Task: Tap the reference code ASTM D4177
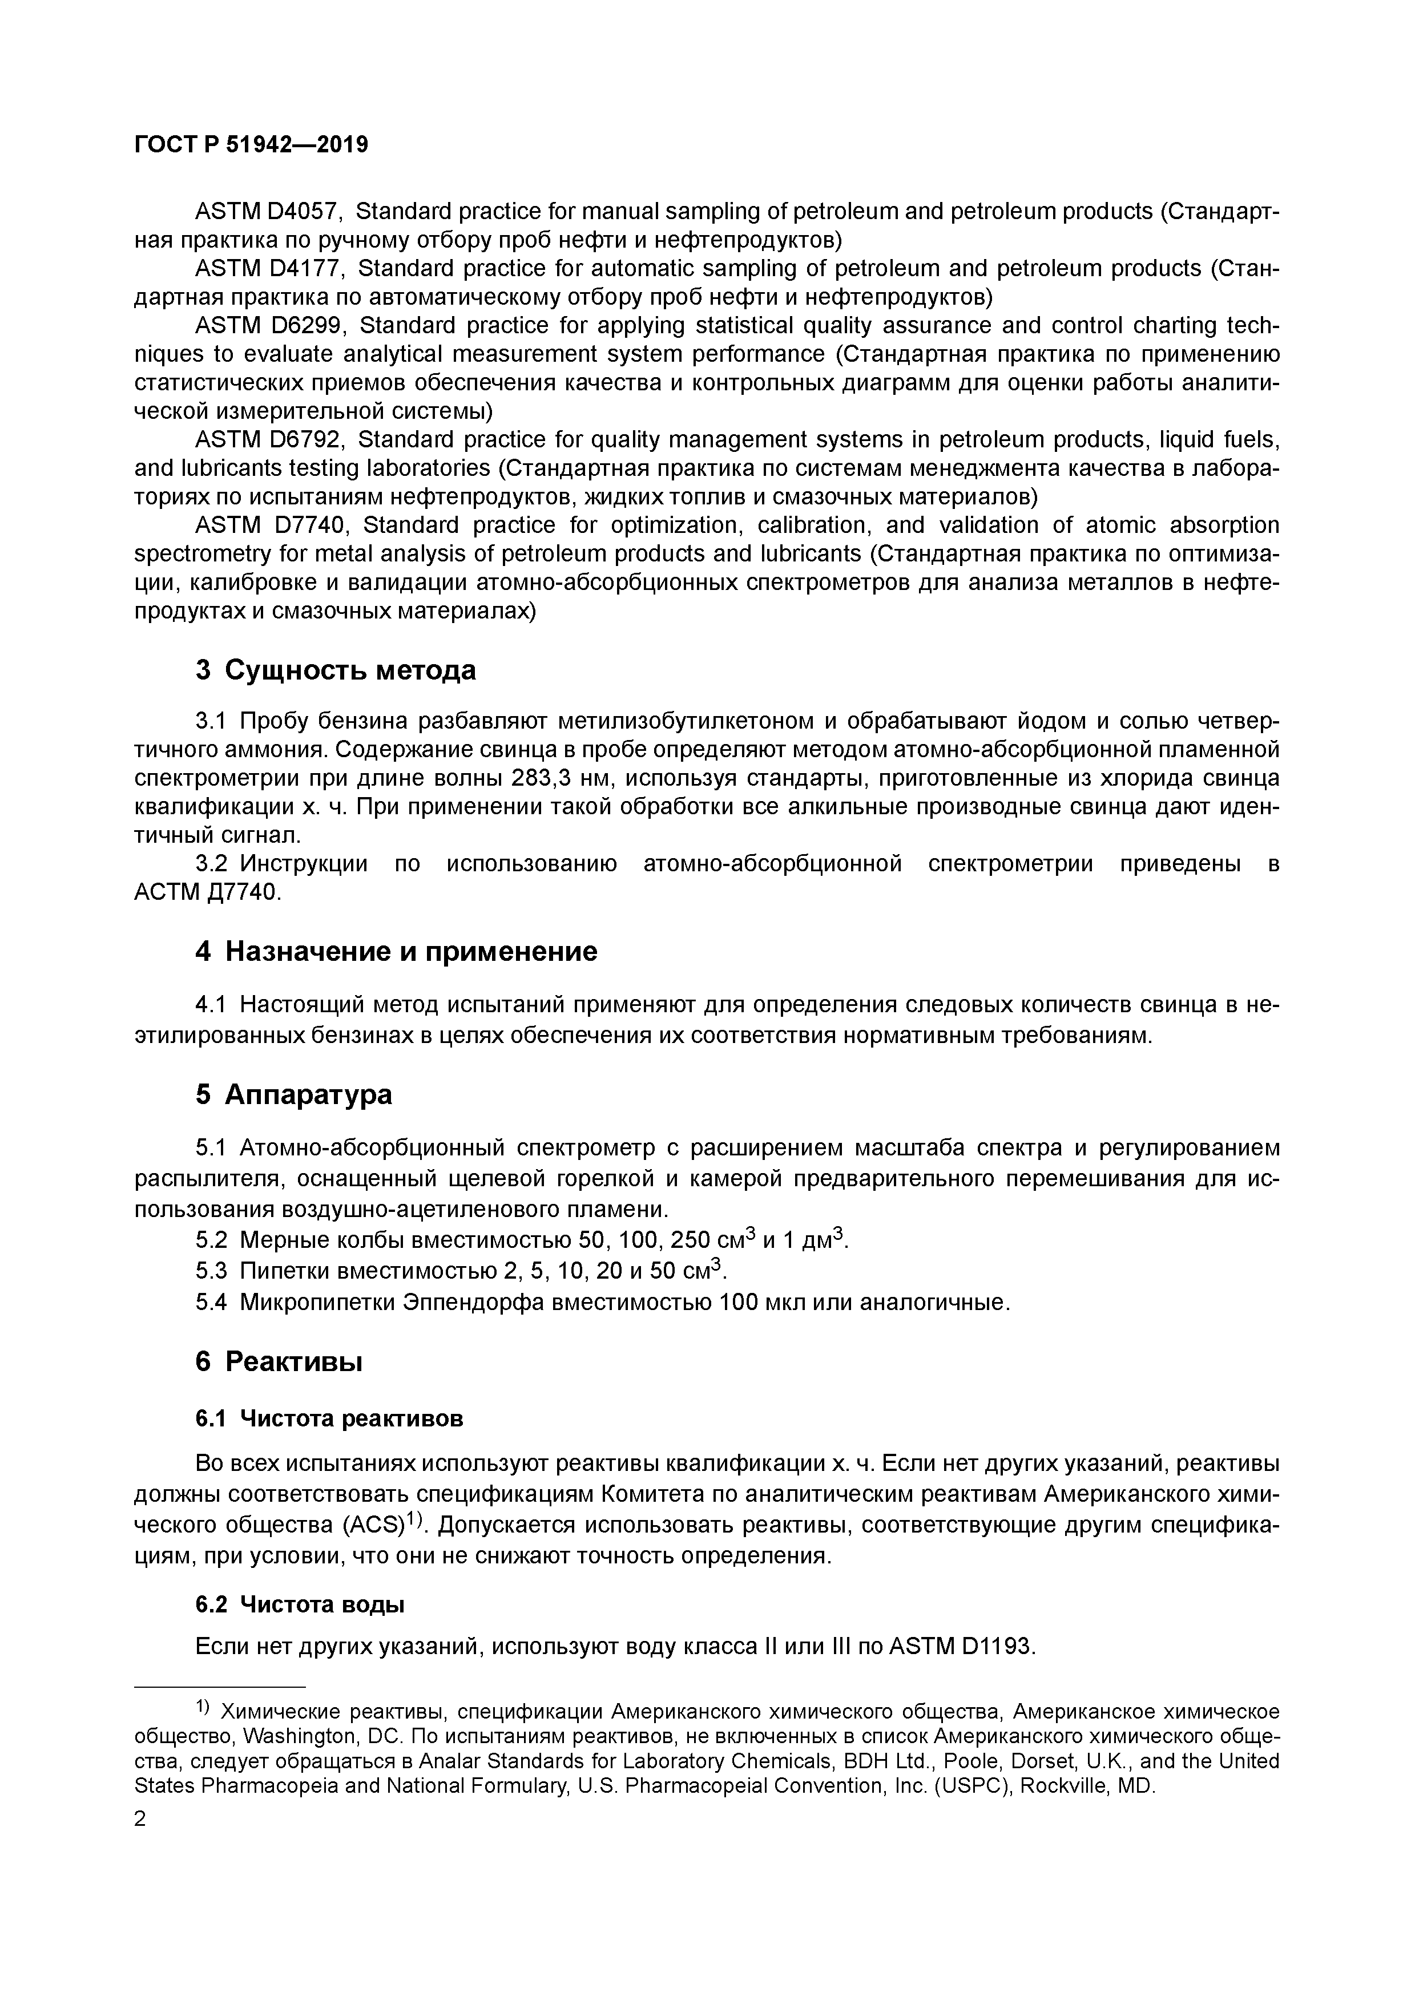pos(269,268)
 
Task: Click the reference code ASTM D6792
pos(269,439)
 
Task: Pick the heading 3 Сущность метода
pos(336,670)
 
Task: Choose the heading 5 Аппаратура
pos(294,1094)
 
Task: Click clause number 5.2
pos(212,1239)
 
